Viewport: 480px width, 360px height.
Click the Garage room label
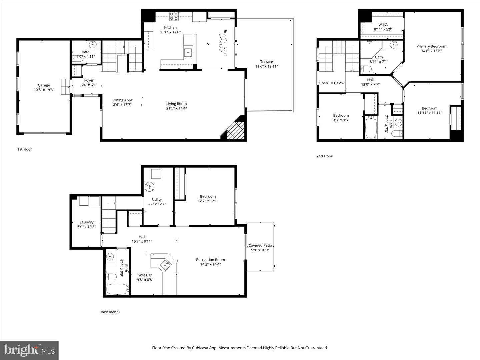point(44,85)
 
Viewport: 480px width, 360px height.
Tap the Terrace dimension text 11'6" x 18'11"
point(266,66)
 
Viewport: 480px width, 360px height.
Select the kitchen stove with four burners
point(174,16)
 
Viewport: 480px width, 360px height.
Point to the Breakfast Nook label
point(225,43)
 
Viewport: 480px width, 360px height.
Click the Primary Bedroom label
point(431,46)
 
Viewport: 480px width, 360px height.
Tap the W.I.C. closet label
point(383,25)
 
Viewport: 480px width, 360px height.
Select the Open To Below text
point(331,83)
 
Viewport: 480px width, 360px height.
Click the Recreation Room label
point(210,260)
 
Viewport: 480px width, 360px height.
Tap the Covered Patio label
point(260,245)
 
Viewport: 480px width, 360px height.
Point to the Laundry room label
point(86,222)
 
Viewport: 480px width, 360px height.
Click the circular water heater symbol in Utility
point(149,186)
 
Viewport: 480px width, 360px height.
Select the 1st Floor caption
point(25,149)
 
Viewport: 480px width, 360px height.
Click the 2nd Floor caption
point(324,156)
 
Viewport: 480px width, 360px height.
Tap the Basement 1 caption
point(110,312)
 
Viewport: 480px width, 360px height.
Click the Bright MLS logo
point(29,350)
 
